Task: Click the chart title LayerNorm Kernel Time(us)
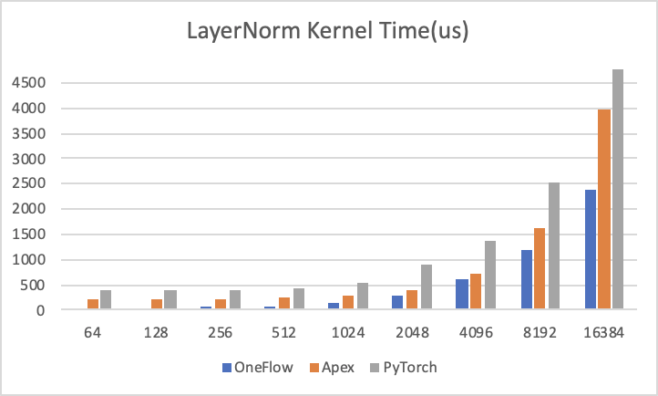click(328, 34)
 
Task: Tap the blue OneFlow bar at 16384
click(591, 250)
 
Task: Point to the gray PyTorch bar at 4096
click(489, 276)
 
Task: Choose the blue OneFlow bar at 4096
click(463, 295)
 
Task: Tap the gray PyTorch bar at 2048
click(426, 287)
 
